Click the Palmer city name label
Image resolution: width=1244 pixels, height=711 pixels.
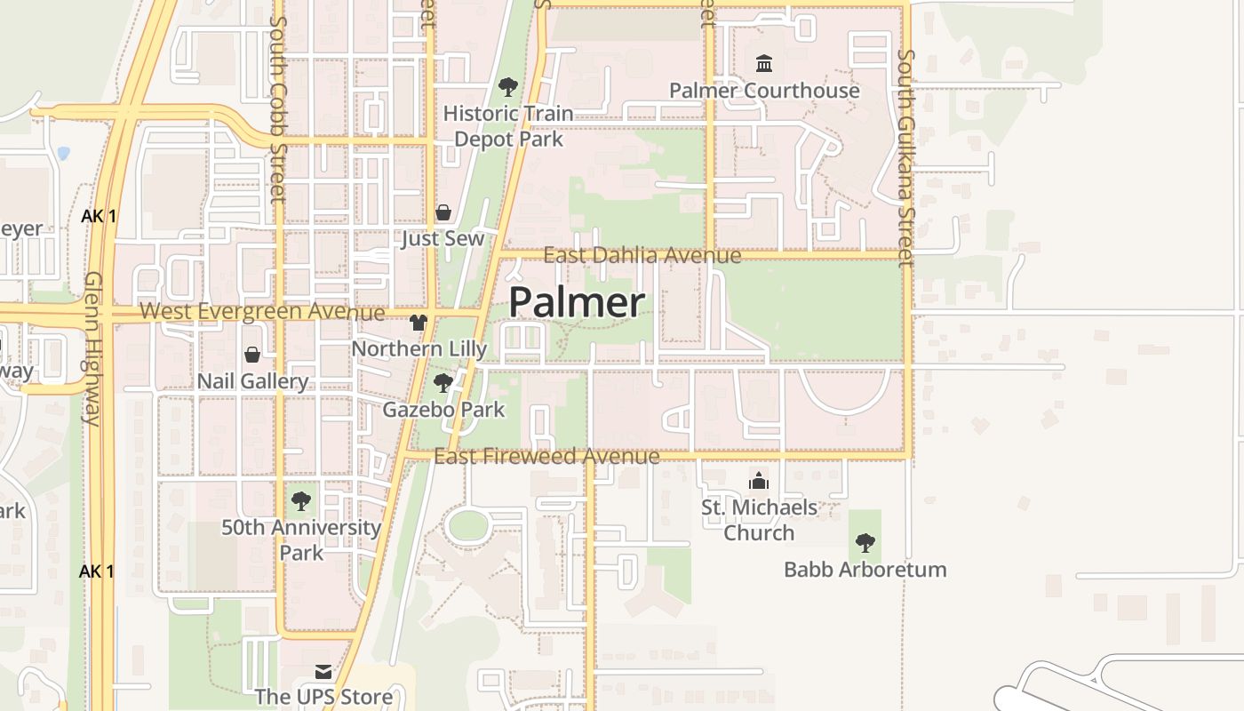coord(577,302)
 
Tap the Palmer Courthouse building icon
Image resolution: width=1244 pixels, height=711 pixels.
coord(764,63)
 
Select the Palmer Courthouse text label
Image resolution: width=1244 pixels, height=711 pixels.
coord(764,91)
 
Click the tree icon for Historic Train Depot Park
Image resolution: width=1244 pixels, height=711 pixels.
coord(508,86)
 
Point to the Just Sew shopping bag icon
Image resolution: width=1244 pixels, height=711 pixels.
coord(443,212)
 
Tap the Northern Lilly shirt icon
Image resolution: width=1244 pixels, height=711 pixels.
coord(419,322)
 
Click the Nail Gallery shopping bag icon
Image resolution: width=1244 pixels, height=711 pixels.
coord(252,355)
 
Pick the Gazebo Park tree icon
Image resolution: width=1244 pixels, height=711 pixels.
coord(443,383)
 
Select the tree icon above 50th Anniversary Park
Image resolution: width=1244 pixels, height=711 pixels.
coord(301,500)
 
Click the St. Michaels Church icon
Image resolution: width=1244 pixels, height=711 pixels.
coord(759,481)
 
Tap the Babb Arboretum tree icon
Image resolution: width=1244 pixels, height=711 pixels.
coord(865,542)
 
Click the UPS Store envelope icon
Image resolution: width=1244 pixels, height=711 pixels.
coord(323,671)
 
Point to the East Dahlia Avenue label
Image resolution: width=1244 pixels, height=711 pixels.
coord(642,256)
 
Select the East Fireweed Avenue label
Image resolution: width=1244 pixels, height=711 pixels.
coord(546,457)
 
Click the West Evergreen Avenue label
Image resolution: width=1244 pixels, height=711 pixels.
coord(262,312)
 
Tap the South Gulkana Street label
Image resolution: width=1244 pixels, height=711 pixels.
coord(905,157)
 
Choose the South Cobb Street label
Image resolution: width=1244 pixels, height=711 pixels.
coord(278,108)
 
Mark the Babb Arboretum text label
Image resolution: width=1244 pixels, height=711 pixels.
coord(865,570)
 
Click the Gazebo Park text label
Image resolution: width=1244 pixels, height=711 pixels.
coord(443,410)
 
